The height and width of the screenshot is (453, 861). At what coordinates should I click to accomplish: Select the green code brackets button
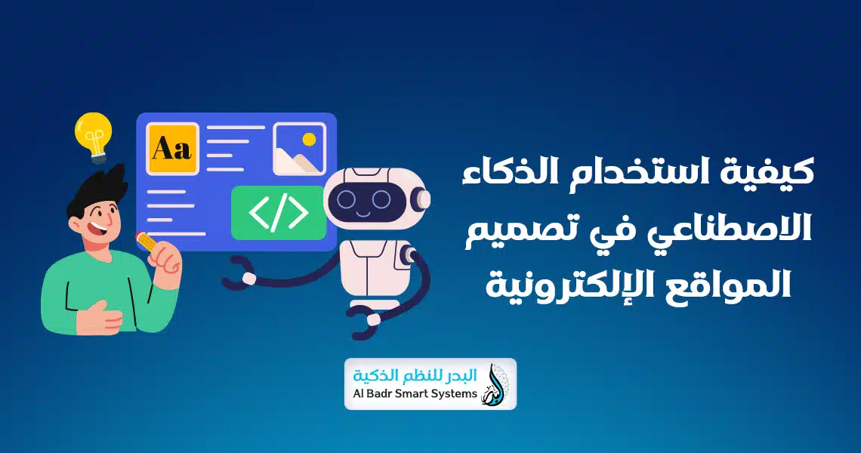tap(278, 213)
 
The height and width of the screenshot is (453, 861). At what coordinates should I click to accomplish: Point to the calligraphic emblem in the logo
tap(497, 384)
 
